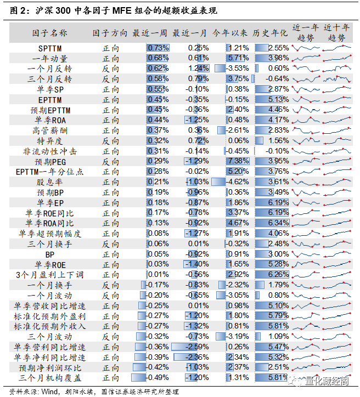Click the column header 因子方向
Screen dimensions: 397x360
[x=110, y=33]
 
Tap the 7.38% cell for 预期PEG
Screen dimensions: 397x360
[x=238, y=161]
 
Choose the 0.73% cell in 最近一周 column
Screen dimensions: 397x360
[x=157, y=48]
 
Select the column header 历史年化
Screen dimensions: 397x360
[x=271, y=33]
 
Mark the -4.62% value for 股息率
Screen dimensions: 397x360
[x=238, y=182]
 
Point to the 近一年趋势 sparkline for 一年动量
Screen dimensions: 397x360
[x=306, y=58]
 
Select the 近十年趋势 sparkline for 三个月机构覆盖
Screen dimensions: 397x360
[x=337, y=378]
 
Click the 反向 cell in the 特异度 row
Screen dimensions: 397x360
[x=110, y=141]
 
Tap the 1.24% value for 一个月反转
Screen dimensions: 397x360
[x=198, y=69]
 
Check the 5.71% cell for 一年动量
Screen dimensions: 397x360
[x=238, y=58]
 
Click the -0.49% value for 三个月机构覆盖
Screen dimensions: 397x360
[x=157, y=378]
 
